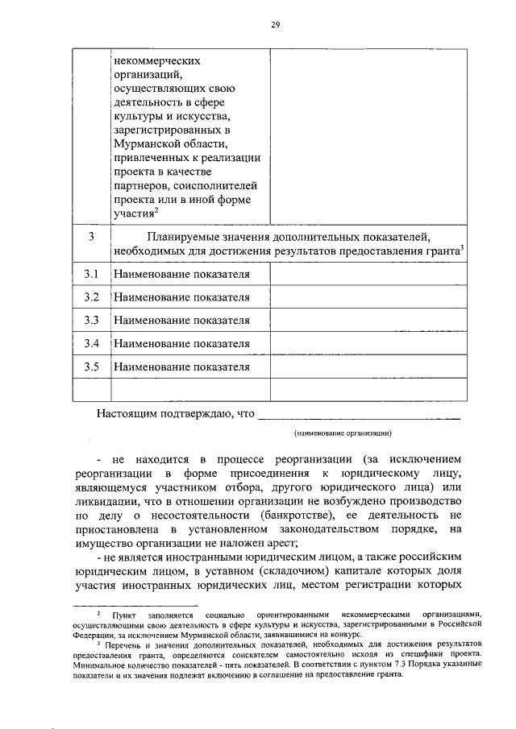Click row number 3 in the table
pyautogui.click(x=91, y=236)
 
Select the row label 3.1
pyautogui.click(x=91, y=274)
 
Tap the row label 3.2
pyautogui.click(x=91, y=297)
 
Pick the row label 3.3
pyautogui.click(x=91, y=320)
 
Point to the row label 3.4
pyautogui.click(x=91, y=344)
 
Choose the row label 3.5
pyautogui.click(x=91, y=367)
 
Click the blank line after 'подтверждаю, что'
pyautogui.click(x=359, y=416)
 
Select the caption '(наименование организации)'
pyautogui.click(x=343, y=433)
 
